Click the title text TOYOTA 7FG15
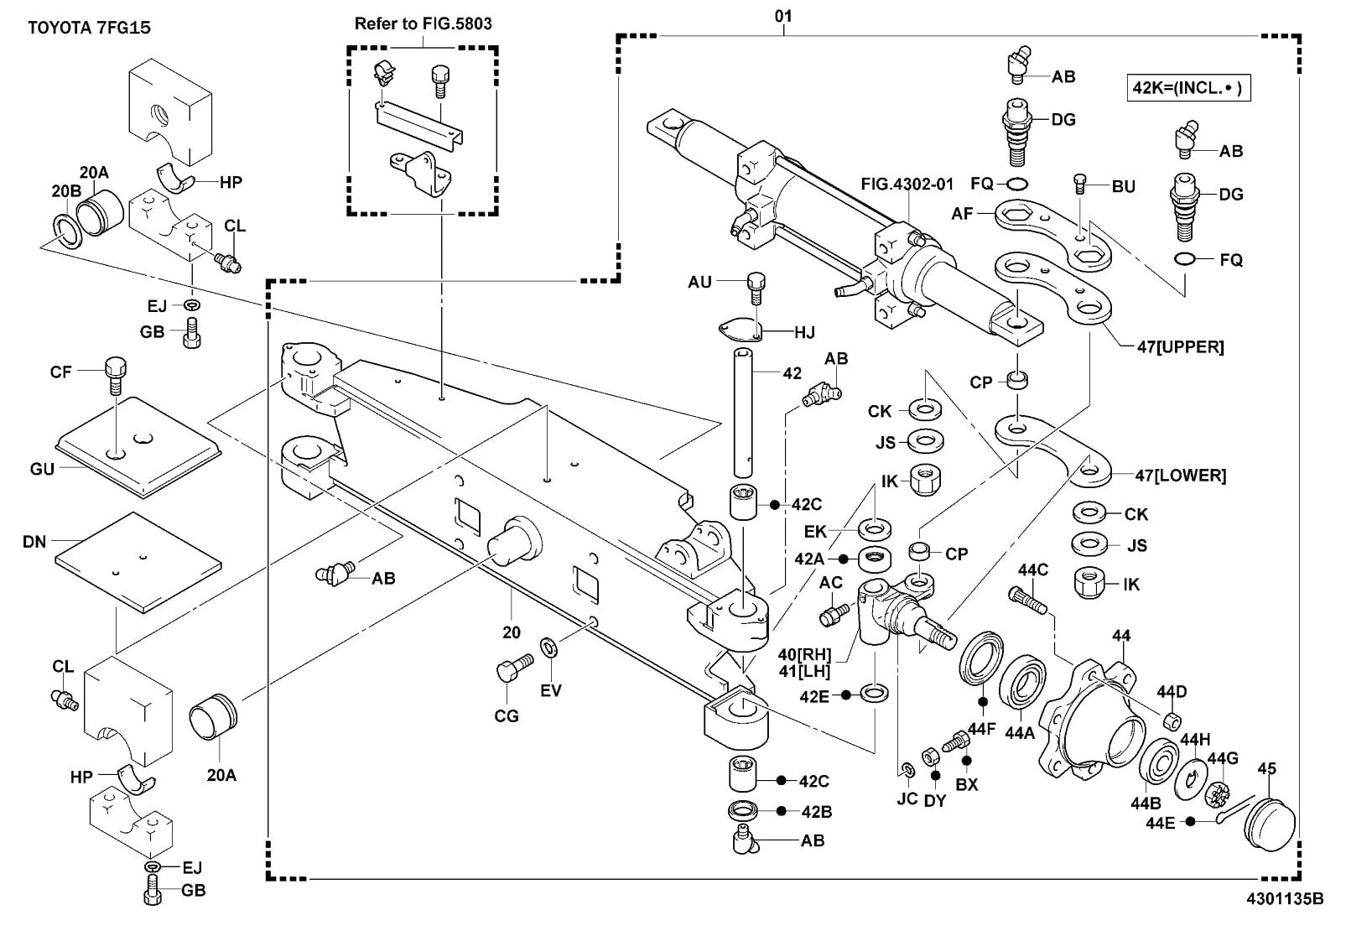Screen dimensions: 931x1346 click(89, 28)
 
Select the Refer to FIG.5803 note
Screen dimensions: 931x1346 click(423, 23)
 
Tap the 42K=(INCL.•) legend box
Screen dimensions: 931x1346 click(1188, 87)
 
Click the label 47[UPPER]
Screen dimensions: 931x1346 click(1180, 347)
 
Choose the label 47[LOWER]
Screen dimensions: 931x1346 click(1180, 476)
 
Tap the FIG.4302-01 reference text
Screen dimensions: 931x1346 click(908, 185)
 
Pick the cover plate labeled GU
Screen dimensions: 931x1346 click(138, 449)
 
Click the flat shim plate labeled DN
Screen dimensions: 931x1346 click(138, 558)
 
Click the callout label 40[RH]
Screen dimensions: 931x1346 click(804, 655)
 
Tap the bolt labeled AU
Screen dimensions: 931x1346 click(756, 287)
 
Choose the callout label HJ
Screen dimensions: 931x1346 click(804, 333)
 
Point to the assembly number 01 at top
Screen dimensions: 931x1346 click(783, 16)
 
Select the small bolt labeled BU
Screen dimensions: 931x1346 click(1080, 183)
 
